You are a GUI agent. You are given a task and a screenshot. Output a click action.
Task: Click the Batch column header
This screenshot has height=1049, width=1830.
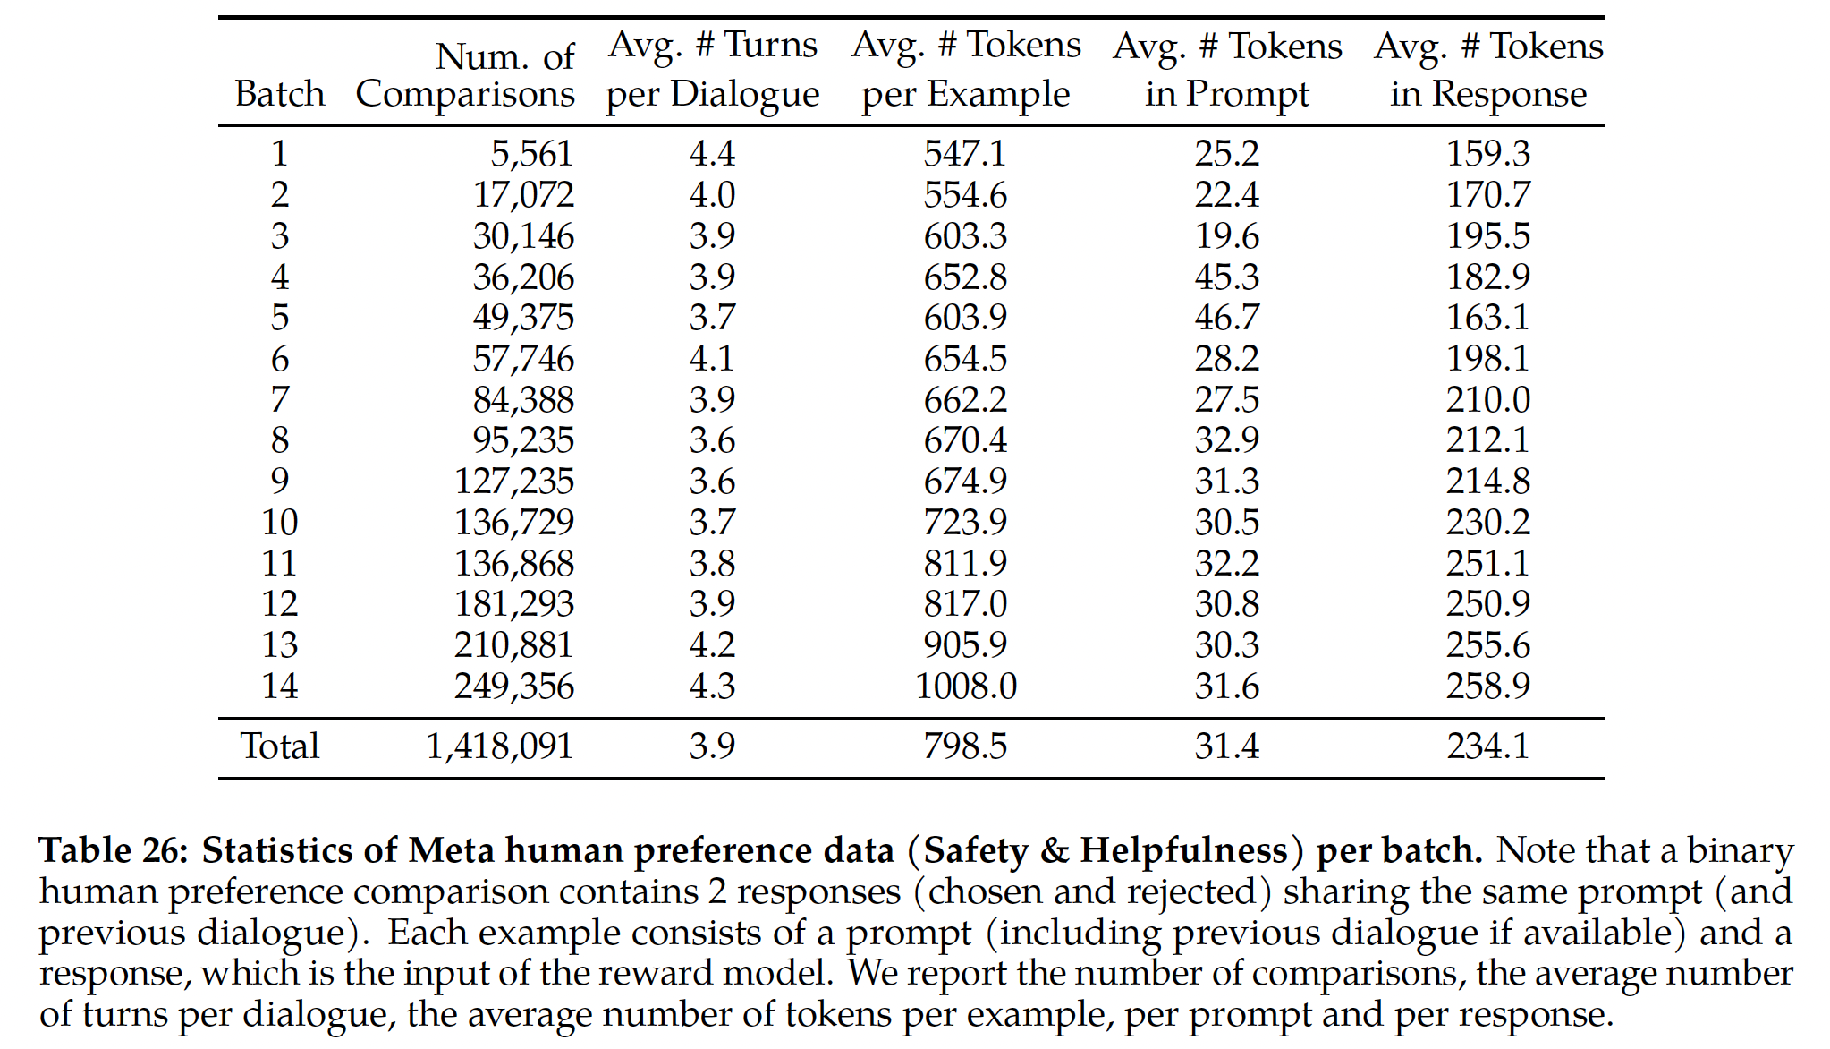click(279, 94)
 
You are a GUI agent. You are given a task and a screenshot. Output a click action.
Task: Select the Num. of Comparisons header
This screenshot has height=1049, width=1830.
click(465, 75)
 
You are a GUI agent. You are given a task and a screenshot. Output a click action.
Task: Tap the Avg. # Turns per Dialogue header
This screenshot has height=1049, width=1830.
click(712, 69)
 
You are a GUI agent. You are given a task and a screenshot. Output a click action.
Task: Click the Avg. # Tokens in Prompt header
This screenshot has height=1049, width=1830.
click(1227, 69)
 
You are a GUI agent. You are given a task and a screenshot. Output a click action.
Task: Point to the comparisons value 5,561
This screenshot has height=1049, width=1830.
click(531, 154)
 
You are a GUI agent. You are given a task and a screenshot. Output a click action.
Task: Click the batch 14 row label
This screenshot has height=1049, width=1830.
click(279, 687)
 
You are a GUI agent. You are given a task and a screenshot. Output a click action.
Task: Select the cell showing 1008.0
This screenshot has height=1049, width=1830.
click(965, 687)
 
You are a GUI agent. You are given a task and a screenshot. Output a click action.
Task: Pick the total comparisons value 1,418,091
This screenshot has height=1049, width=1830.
click(499, 746)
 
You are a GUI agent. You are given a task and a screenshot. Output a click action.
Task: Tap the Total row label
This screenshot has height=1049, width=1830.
click(279, 746)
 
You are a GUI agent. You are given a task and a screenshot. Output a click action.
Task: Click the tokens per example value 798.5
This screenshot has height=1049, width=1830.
click(965, 746)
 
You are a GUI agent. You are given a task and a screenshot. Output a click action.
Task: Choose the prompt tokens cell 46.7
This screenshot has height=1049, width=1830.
click(1227, 318)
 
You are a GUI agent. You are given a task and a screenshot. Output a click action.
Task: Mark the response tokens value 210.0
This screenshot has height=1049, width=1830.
click(1488, 399)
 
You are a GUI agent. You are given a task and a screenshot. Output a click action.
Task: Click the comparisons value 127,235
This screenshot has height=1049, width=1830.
click(514, 482)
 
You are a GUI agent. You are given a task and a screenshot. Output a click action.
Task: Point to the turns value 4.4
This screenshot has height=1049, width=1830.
click(712, 154)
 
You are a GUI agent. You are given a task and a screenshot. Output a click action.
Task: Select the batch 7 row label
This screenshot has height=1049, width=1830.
click(279, 399)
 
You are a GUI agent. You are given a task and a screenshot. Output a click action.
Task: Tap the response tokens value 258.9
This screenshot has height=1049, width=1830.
click(1488, 687)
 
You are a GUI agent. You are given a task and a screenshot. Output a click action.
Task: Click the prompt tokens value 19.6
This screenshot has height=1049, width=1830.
click(1227, 236)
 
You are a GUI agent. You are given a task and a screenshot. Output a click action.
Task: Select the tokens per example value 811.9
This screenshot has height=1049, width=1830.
click(965, 564)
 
